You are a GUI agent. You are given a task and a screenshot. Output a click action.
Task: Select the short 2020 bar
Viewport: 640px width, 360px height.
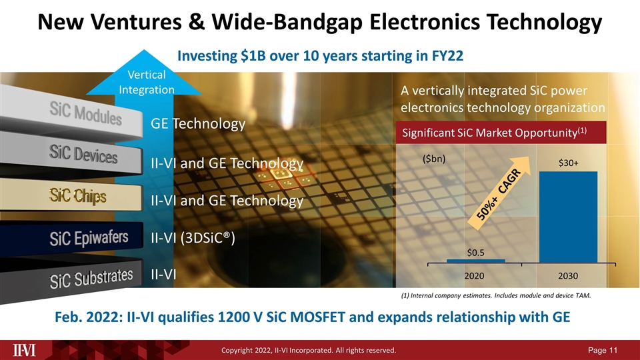(x=475, y=260)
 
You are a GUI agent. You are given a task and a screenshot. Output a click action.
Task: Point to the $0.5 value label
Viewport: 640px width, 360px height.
(x=475, y=252)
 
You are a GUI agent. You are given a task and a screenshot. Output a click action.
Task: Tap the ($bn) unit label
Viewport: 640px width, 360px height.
(x=434, y=159)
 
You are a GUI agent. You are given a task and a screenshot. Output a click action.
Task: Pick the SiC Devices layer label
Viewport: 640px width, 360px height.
(x=83, y=156)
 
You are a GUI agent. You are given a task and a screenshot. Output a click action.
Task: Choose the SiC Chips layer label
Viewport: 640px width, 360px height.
(x=77, y=196)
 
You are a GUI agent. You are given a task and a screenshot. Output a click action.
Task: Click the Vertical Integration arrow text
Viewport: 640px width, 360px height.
(x=147, y=83)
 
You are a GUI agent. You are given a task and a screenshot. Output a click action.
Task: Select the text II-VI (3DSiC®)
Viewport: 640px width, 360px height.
(x=193, y=237)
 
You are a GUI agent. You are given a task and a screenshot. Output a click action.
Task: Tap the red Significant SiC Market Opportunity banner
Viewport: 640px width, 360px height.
(x=501, y=132)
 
